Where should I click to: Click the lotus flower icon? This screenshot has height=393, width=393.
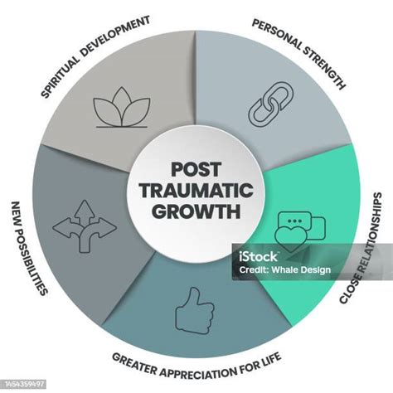122,111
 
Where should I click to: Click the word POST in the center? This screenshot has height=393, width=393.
196,169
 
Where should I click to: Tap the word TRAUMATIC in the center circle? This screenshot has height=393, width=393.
196,190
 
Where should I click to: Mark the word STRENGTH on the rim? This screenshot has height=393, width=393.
325,65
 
